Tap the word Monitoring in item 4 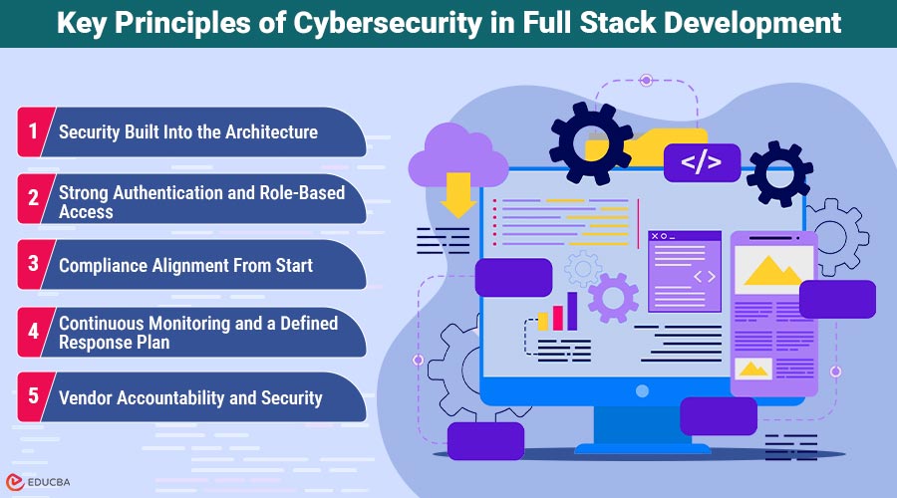click(x=194, y=324)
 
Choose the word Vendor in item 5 click(x=87, y=397)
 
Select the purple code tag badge click(x=701, y=161)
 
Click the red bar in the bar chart click(x=558, y=317)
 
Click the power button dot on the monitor click(x=642, y=390)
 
